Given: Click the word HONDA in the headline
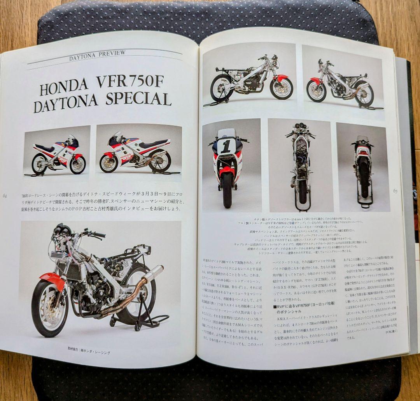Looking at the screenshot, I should (65, 89).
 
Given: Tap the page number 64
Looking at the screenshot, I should (5, 195).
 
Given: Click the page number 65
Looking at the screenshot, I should (395, 191).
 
